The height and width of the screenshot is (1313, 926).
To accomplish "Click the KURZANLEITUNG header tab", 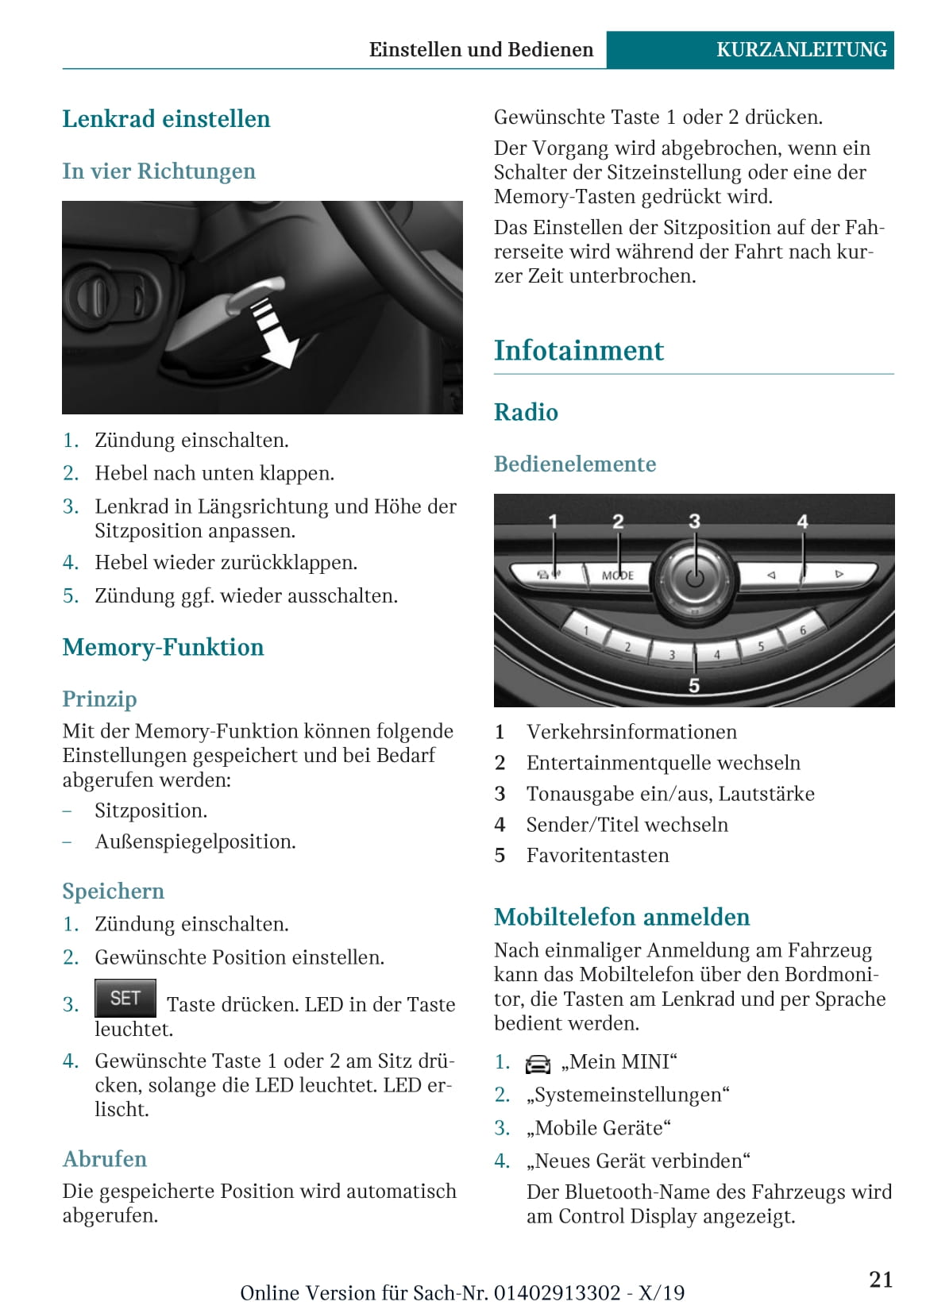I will [801, 49].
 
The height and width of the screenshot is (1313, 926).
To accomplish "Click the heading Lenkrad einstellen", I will [166, 119].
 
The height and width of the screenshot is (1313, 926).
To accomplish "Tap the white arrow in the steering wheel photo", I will [274, 334].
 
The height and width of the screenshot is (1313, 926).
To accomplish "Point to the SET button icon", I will [125, 998].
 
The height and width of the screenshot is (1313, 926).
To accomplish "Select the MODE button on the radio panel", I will [618, 575].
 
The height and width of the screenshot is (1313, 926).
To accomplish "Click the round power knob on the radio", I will [694, 576].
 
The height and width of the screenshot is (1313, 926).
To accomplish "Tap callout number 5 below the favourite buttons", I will [694, 685].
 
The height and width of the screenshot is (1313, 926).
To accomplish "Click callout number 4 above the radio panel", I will [802, 522].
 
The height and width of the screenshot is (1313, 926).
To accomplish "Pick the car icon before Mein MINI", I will [538, 1064].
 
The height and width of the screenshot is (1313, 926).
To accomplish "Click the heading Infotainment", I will [578, 350].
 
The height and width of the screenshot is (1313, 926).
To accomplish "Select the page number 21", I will [881, 1279].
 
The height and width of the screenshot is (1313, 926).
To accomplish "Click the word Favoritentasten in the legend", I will [597, 855].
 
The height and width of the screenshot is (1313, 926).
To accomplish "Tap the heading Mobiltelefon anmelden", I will [621, 917].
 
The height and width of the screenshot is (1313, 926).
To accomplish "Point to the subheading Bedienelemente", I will [575, 464].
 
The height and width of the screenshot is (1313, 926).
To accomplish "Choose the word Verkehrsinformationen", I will [631, 731].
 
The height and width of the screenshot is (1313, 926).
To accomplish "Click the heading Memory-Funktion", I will [163, 647].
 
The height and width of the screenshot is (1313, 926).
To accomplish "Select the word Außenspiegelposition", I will [195, 841].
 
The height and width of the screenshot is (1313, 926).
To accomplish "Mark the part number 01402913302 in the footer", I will [557, 1292].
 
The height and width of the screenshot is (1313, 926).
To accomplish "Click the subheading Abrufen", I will [104, 1159].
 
